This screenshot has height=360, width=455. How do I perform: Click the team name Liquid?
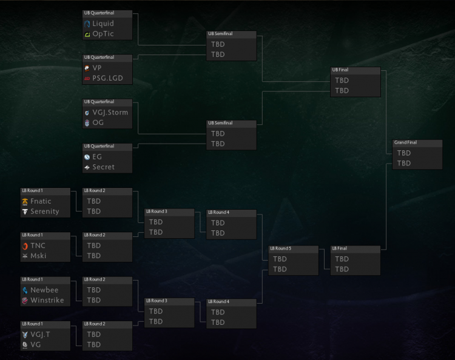(x=103, y=24)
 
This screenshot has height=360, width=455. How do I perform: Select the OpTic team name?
(x=103, y=34)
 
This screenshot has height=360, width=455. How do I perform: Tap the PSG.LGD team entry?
(x=107, y=78)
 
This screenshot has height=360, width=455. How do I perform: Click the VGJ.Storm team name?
(x=110, y=112)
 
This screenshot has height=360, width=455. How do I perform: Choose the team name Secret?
(x=103, y=167)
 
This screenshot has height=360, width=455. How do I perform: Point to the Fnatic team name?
(x=41, y=201)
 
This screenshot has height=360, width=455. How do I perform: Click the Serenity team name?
(x=45, y=212)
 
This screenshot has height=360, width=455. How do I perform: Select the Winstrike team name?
(x=47, y=300)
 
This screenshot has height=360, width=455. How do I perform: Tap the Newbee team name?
(x=44, y=290)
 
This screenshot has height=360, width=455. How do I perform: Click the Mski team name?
(x=38, y=256)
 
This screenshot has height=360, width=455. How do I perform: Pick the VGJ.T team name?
(x=40, y=335)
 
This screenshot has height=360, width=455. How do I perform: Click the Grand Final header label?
(x=405, y=142)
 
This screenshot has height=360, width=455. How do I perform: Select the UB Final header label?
(x=340, y=70)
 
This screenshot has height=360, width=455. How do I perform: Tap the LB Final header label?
(x=340, y=248)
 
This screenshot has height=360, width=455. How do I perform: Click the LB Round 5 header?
(x=281, y=248)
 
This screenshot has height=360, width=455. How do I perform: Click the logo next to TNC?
(x=25, y=246)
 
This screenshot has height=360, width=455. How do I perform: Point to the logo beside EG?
(x=87, y=157)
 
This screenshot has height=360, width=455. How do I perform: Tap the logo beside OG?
(x=87, y=123)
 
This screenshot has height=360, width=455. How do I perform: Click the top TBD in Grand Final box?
(x=404, y=153)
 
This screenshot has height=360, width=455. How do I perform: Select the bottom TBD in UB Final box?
(x=342, y=90)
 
